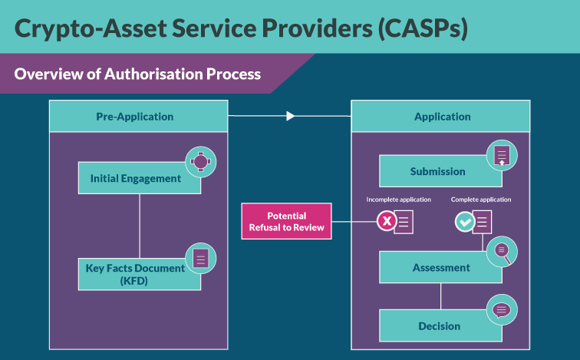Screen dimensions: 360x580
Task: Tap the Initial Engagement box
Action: coord(136,178)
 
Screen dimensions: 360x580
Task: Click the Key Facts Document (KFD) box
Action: coord(136,274)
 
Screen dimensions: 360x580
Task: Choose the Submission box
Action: coord(437,172)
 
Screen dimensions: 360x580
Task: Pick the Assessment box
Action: coord(440,268)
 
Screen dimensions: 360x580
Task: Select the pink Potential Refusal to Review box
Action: coord(286,221)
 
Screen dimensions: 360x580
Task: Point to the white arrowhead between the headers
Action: coord(290,117)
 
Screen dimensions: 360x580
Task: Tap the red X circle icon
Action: coord(386,222)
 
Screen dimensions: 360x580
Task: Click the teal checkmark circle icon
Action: coord(465,222)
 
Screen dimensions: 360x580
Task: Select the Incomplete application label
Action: coord(398,200)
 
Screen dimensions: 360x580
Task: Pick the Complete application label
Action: coord(481,200)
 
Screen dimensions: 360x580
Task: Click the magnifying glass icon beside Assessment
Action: coord(502,249)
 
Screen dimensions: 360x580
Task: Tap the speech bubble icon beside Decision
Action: coord(502,310)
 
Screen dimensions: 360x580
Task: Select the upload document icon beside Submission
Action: coord(502,155)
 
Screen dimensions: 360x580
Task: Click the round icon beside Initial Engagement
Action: coord(200,161)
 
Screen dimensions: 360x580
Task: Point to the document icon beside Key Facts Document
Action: coord(200,259)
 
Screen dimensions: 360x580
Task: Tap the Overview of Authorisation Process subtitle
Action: coord(138,74)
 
